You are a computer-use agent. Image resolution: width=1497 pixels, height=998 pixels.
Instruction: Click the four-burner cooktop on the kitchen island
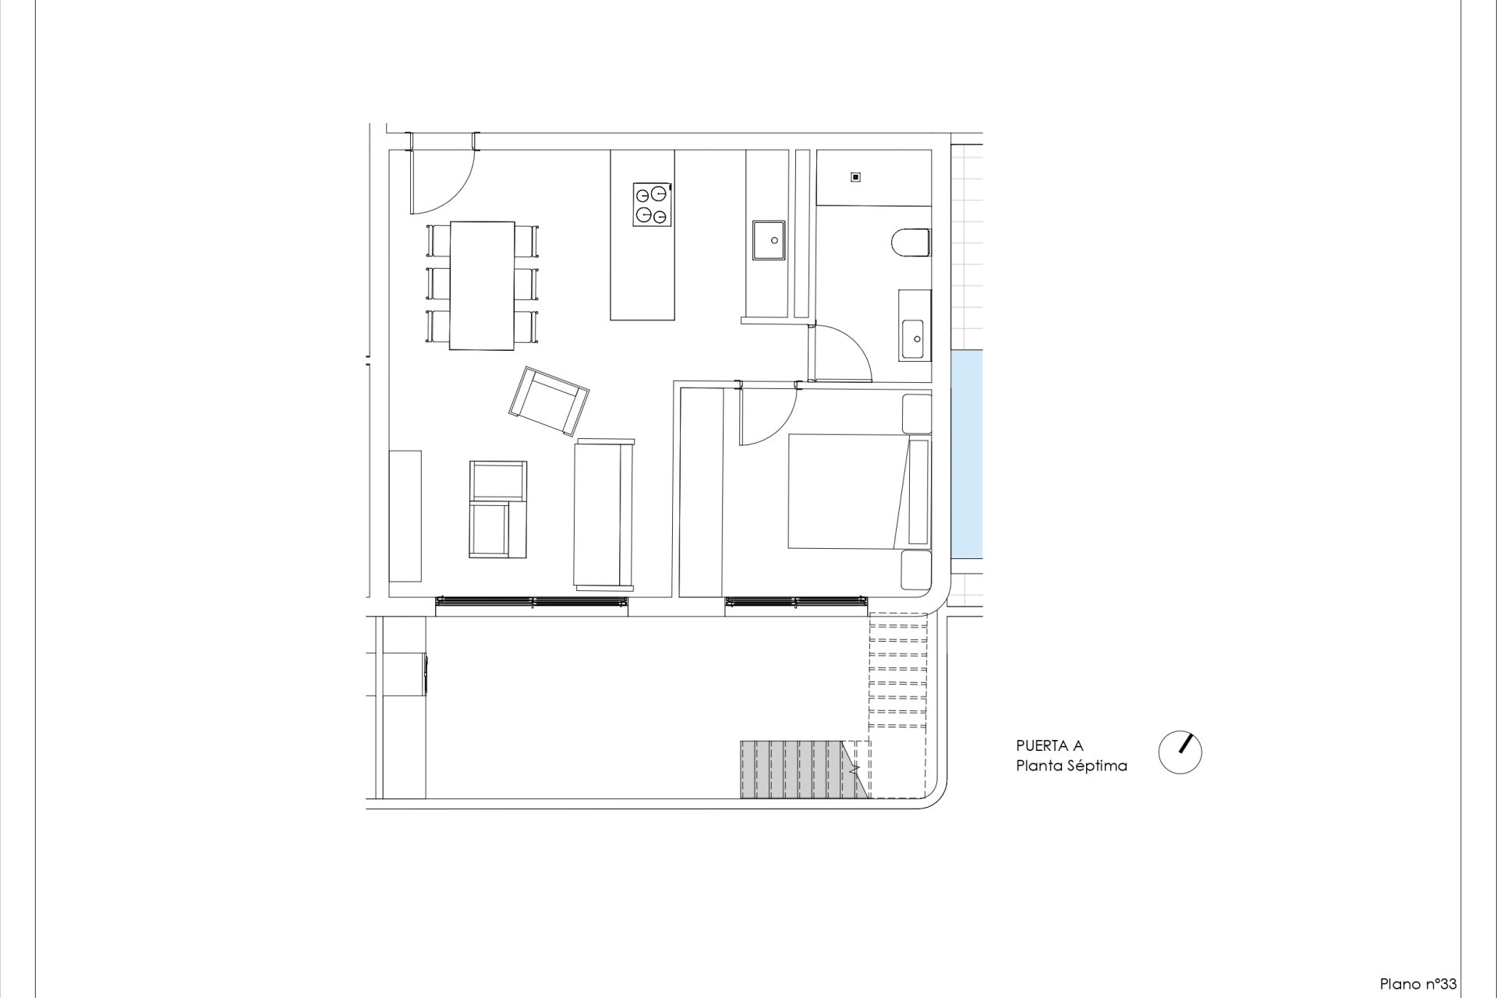[x=653, y=204]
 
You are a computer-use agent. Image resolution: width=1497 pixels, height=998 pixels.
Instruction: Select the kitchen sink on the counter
[x=769, y=240]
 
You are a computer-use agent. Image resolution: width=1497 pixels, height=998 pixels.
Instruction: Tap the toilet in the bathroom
[x=911, y=242]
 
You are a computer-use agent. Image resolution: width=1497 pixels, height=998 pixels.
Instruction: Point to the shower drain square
[x=855, y=177]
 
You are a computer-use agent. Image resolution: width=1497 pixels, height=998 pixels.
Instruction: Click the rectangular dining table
[x=482, y=285]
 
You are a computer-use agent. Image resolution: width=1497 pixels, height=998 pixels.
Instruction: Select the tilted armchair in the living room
[x=549, y=402]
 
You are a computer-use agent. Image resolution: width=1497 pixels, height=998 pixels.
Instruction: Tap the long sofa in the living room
[x=604, y=514]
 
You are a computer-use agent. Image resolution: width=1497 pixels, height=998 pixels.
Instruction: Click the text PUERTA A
[x=1049, y=746]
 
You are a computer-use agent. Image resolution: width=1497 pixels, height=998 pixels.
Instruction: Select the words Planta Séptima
[x=1071, y=766]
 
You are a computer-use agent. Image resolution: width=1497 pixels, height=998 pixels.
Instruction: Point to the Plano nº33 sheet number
[x=1418, y=984]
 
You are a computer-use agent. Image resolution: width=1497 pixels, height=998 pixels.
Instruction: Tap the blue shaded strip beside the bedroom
[x=967, y=454]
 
